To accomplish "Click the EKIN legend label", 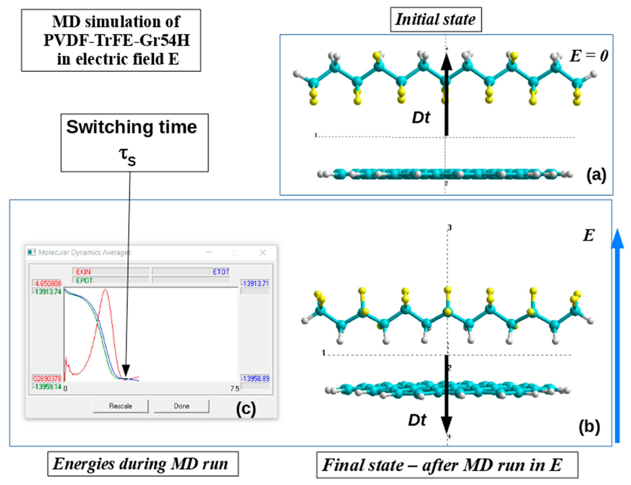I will tap(83, 272).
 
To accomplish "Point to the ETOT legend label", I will tap(221, 272).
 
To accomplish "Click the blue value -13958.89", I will tap(255, 378).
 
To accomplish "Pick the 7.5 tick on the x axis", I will tap(234, 389).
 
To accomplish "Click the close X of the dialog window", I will tap(263, 253).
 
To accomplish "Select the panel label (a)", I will tap(596, 175).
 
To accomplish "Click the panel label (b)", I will tap(589, 427).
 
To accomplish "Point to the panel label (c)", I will tap(246, 409).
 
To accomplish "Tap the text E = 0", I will tap(589, 56).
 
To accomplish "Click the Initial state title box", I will tap(436, 20).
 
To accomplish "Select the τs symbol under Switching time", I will tap(127, 156).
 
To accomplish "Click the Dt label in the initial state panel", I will tap(421, 118).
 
